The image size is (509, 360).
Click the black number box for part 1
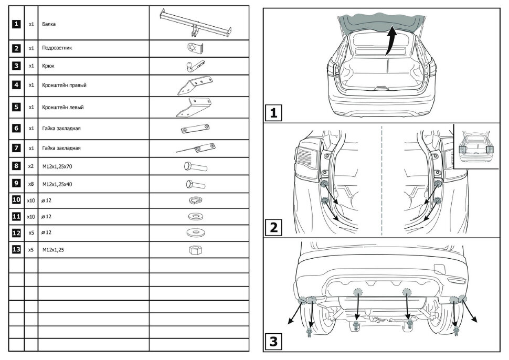click(17, 24)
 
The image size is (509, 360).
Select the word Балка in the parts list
click(49, 24)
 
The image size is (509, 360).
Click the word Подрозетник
click(57, 48)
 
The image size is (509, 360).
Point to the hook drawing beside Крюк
click(193, 67)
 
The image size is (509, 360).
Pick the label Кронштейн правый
click(64, 85)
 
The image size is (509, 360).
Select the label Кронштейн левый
click(62, 107)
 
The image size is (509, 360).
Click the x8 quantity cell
click(31, 184)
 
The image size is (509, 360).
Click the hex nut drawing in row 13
click(195, 250)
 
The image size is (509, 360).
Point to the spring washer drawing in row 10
click(195, 200)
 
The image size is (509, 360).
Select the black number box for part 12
click(17, 232)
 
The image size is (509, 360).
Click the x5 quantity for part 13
click(31, 250)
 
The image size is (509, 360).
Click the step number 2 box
click(274, 227)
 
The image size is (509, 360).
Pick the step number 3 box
click(274, 341)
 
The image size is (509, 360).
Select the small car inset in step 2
click(476, 146)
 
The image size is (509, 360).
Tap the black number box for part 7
click(17, 148)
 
